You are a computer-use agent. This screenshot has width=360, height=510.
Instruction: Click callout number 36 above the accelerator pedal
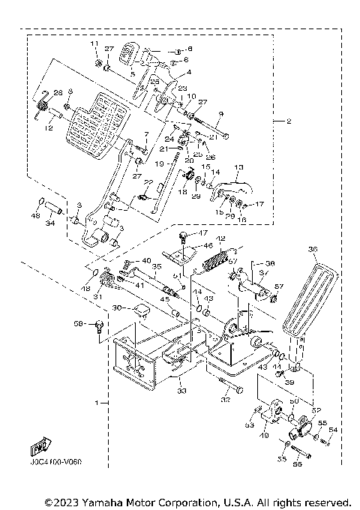click(x=313, y=249)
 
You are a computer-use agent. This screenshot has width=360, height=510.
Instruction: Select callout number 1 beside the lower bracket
click(x=97, y=403)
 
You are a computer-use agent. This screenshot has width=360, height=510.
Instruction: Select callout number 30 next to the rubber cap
click(x=116, y=308)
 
